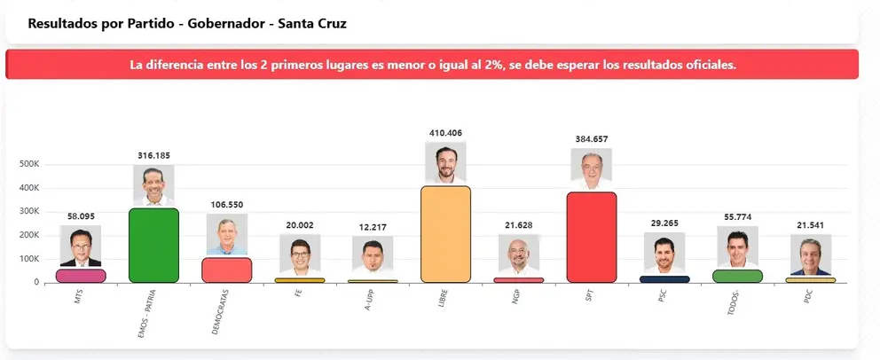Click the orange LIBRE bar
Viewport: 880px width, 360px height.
445,234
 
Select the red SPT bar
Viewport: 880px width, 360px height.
592,238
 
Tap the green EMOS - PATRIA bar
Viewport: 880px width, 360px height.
153,245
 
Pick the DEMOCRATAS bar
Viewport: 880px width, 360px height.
227,270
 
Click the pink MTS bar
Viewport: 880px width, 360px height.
81,276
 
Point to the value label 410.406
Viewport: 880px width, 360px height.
445,133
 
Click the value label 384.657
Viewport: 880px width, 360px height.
592,139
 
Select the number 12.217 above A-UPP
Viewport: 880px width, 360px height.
373,227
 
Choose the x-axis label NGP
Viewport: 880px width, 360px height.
516,295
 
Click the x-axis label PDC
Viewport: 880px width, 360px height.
808,295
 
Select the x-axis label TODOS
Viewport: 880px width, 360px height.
734,301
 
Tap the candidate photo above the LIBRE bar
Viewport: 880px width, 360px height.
445,162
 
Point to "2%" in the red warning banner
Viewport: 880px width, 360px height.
496,65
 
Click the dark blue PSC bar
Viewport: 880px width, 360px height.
664,278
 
